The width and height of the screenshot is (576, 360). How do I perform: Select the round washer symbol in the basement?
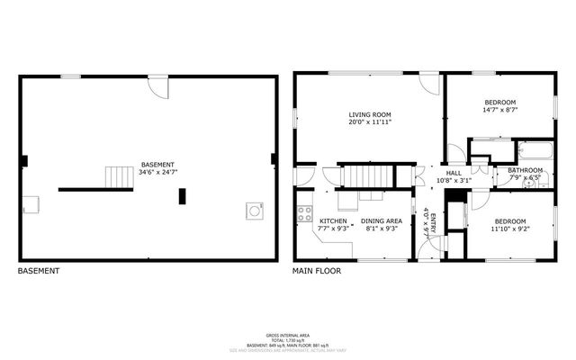(254, 211)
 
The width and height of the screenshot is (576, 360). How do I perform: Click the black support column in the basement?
(183, 196)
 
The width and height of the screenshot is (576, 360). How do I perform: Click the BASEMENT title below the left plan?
(39, 270)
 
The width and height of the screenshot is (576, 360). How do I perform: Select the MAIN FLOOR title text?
(316, 270)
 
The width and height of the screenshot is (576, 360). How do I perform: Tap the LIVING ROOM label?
(370, 114)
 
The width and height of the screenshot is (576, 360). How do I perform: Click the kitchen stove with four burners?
(305, 215)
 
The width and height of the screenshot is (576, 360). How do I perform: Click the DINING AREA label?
(381, 220)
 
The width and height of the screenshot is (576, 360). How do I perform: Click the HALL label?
(454, 173)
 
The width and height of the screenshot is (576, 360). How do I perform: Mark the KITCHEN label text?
(333, 220)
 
